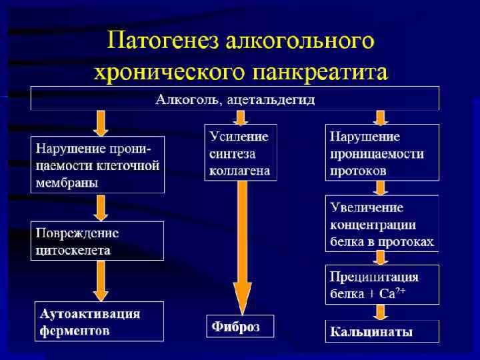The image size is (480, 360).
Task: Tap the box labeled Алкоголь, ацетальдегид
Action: coord(235,100)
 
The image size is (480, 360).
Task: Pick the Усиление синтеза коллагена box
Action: coord(240,153)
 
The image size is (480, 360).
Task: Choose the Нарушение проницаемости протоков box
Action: coord(382,153)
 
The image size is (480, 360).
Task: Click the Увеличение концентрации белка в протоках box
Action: coord(382,223)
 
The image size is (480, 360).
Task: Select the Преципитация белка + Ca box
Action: coord(382,285)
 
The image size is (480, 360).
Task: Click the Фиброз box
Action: coord(240,327)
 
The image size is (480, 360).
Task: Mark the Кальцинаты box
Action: coord(382,331)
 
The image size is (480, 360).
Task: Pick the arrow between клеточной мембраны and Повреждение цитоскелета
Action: coord(101,207)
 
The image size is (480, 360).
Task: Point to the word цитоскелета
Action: coord(73,250)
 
